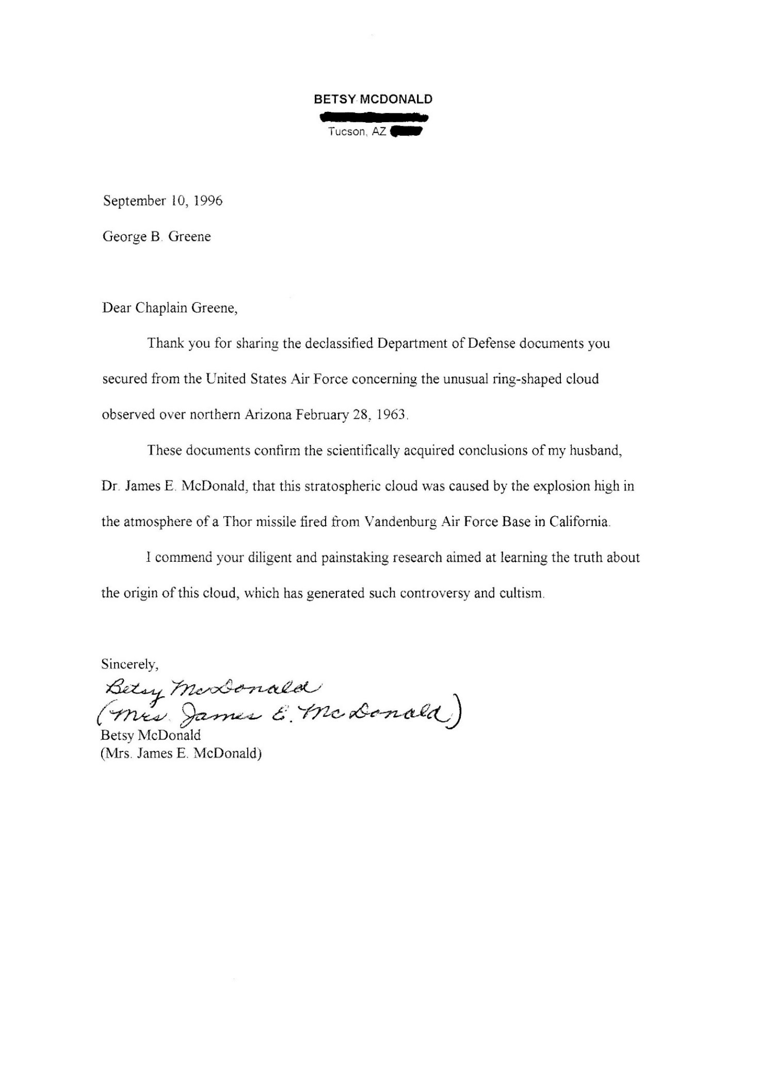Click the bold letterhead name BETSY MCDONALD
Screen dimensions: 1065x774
coord(373,100)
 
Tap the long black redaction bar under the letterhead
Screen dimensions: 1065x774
coord(374,118)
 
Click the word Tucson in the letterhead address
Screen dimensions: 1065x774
coord(346,132)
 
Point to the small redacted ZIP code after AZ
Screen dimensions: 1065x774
coord(407,133)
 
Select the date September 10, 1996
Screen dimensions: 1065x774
coord(163,201)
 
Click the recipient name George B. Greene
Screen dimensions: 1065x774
coord(157,237)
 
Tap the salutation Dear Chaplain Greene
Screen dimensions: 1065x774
coord(170,308)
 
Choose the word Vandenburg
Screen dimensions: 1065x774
coord(400,521)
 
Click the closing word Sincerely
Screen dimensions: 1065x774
coord(130,664)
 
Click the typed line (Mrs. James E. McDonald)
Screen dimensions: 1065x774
coord(181,753)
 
